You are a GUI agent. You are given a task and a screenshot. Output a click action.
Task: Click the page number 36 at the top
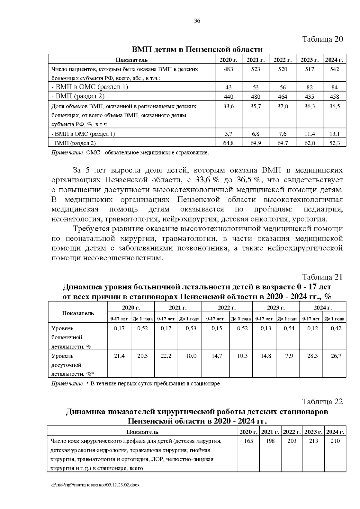point(197,21)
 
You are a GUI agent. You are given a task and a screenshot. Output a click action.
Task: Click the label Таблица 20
point(322,39)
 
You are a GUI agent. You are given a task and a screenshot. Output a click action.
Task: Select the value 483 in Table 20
point(228,69)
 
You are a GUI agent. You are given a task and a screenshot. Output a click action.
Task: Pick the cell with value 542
point(334,69)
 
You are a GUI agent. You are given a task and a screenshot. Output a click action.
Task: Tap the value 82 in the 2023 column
point(309,88)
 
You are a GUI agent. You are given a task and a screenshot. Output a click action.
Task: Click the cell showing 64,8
point(228,143)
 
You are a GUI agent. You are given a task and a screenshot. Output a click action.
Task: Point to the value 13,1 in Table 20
point(334,134)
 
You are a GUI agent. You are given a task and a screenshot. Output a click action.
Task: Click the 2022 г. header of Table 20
point(282,60)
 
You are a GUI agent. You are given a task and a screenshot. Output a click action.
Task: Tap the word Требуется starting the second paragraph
point(91,229)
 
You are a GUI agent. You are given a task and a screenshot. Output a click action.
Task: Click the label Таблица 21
point(322,277)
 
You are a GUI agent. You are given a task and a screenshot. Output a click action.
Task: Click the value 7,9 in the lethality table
point(289,356)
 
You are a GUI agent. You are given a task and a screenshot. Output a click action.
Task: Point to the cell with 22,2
point(166,356)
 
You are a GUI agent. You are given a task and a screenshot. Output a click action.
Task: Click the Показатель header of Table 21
point(78,313)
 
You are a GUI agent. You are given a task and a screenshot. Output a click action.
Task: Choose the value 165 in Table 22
point(248,441)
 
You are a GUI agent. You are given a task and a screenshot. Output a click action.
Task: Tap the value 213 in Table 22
point(313,441)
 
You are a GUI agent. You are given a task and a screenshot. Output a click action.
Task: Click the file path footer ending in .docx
point(95,485)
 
